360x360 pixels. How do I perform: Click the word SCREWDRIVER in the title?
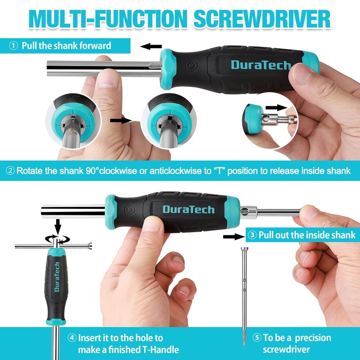tap(261, 19)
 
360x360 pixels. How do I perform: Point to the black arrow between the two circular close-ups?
tap(120, 120)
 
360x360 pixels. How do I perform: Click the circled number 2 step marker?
tap(10, 171)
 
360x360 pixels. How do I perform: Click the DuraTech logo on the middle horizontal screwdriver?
tap(189, 209)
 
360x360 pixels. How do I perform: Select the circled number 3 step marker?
tap(252, 235)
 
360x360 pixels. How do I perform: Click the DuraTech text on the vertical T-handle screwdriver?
tap(57, 277)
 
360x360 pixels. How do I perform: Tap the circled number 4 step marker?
tap(72, 338)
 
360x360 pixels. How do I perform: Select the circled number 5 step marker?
tap(257, 338)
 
